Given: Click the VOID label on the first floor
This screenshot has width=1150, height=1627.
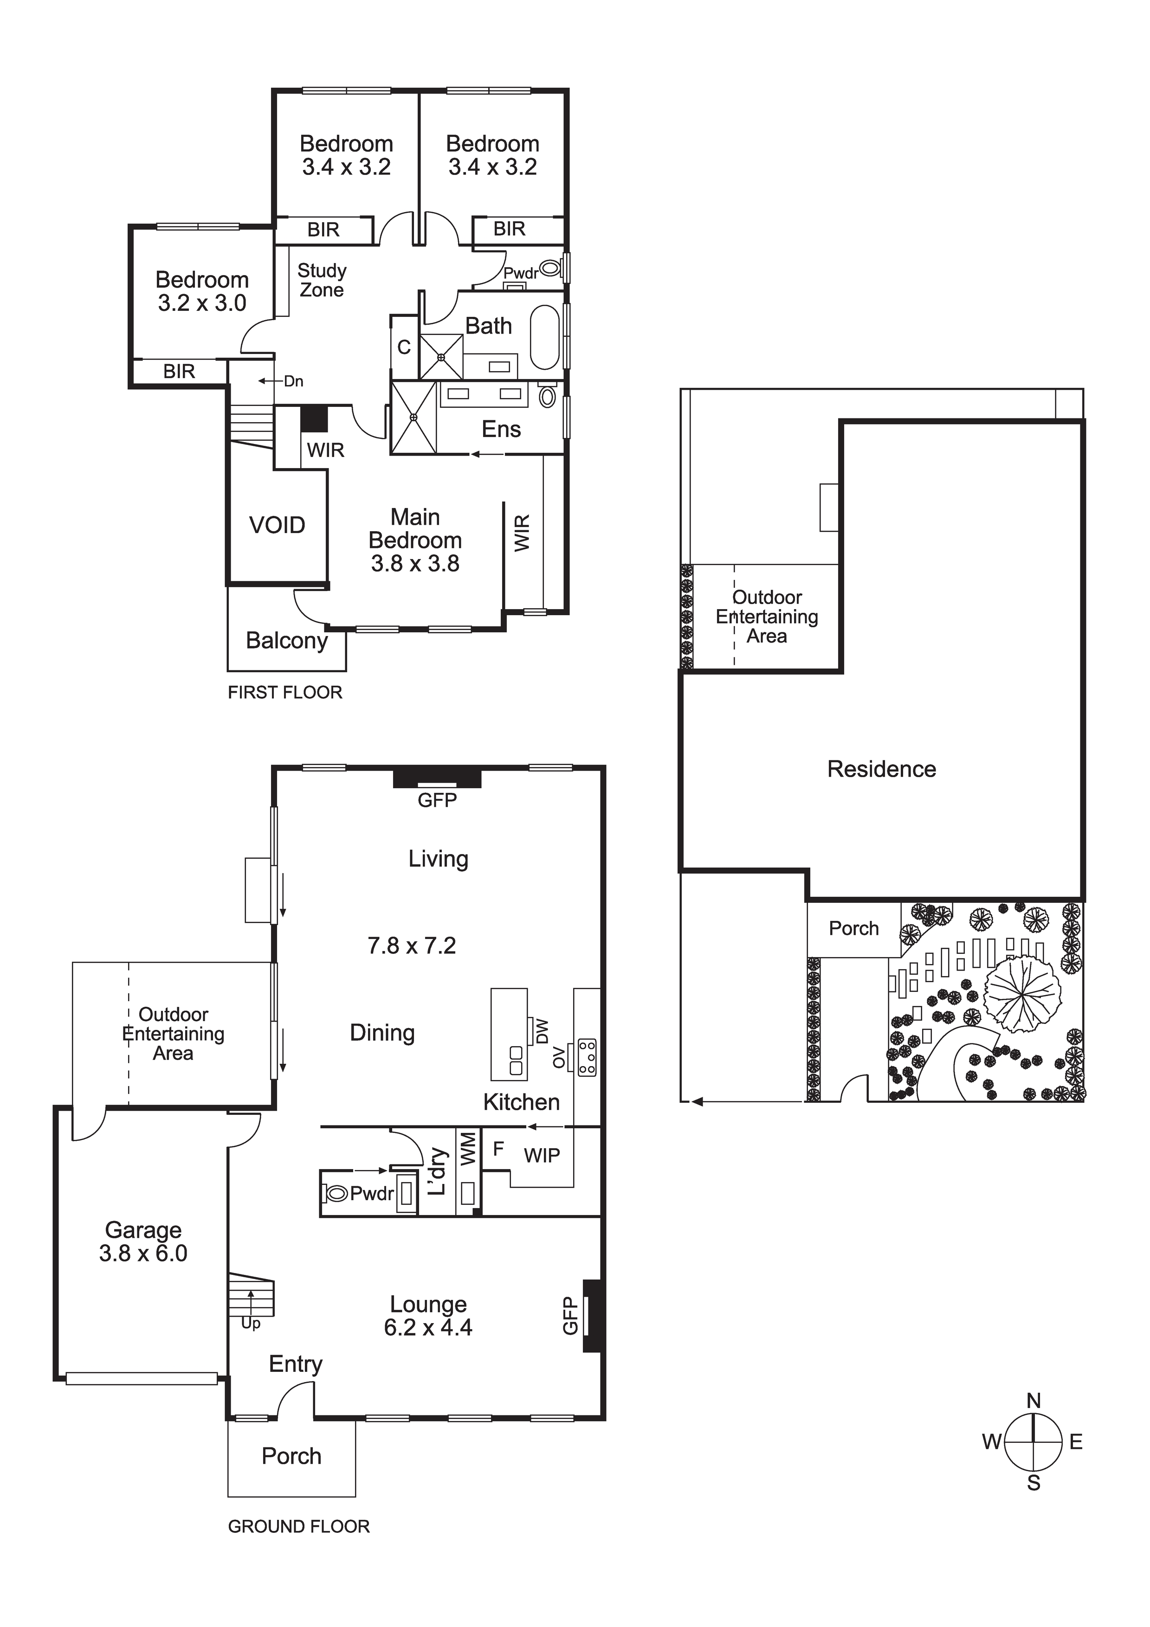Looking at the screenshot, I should pyautogui.click(x=277, y=525).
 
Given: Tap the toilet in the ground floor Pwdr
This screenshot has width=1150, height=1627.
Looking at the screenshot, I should pyautogui.click(x=336, y=1194).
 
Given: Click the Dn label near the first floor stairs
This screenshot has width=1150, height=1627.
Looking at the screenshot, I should pyautogui.click(x=293, y=381).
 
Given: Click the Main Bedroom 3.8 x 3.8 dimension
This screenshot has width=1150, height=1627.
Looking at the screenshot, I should pyautogui.click(x=415, y=564).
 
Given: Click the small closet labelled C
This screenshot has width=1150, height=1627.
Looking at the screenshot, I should pyautogui.click(x=404, y=347).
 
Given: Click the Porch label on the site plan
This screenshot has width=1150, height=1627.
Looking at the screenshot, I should pyautogui.click(x=853, y=928).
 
